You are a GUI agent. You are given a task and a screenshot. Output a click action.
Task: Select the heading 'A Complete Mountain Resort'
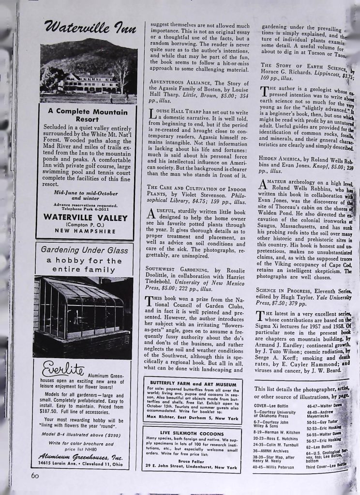(88, 115)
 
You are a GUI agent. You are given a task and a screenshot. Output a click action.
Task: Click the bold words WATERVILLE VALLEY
(86, 217)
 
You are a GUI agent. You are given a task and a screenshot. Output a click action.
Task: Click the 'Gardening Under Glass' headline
(84, 250)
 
